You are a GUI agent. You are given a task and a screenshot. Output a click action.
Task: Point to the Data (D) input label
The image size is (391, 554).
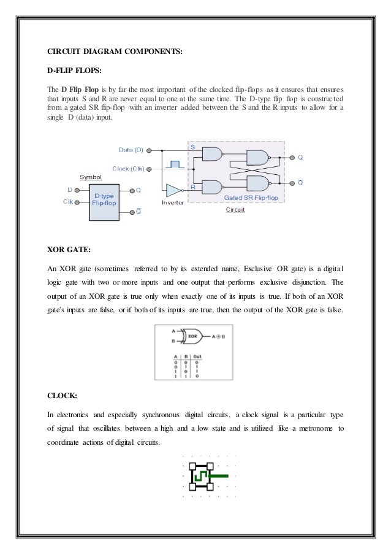[x=130, y=150]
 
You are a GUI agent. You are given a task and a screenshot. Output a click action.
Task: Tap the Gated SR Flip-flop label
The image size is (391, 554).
[x=251, y=198]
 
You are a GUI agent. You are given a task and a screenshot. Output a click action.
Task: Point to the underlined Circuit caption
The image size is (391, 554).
[x=235, y=209]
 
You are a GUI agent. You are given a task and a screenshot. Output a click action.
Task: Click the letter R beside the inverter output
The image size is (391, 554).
[x=192, y=186]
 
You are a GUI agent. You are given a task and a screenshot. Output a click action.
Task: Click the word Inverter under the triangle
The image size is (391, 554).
[x=172, y=202]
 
